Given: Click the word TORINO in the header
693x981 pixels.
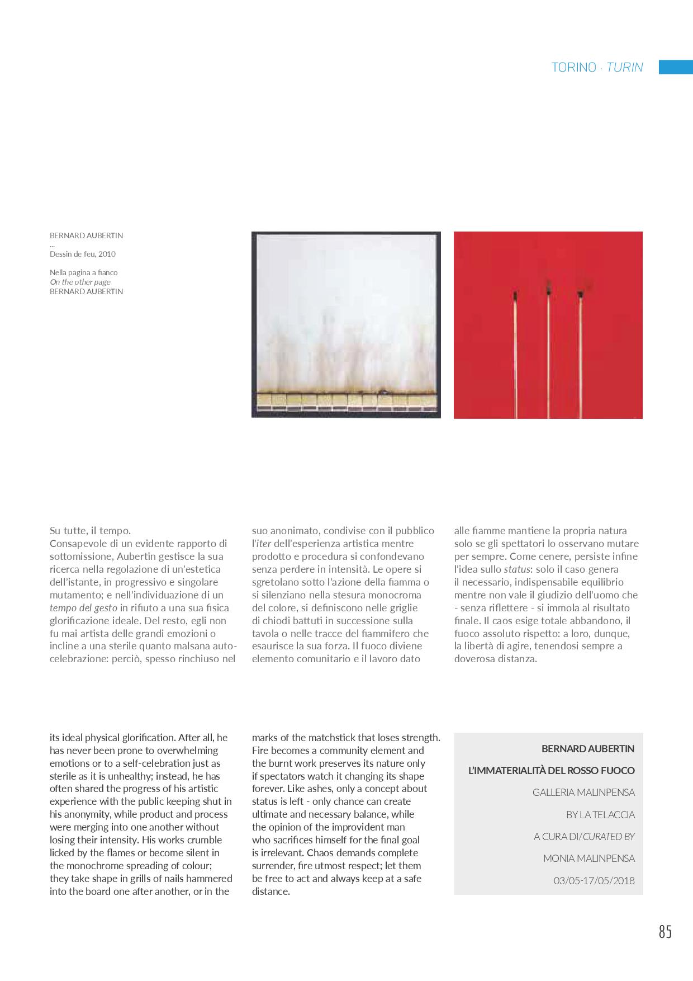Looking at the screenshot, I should [x=573, y=68].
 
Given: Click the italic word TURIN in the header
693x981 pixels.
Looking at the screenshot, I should [x=624, y=68].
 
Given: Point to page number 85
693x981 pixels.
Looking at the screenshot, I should [x=664, y=932].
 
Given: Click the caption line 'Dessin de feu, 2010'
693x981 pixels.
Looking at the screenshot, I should [x=83, y=254].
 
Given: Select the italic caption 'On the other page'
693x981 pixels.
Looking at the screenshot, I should [x=80, y=282].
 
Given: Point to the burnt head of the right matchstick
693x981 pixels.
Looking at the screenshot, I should [x=580, y=293].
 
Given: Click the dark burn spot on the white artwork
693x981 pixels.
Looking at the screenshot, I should [x=383, y=392].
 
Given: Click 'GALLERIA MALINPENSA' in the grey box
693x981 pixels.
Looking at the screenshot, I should [x=583, y=793].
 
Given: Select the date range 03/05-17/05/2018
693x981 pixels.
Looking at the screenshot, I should [x=594, y=880].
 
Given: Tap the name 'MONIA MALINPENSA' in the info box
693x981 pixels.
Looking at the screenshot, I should [x=588, y=859].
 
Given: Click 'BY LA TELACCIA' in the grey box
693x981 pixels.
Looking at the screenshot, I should [x=600, y=815].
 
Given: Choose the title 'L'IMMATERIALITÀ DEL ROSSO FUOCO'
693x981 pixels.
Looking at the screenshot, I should [x=551, y=771].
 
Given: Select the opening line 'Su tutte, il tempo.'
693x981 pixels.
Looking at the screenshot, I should [x=90, y=531].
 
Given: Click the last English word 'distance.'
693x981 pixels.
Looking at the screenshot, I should [x=271, y=892].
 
